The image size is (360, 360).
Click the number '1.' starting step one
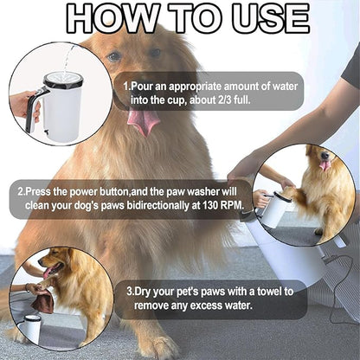(x=127, y=86)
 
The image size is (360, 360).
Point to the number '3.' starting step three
(x=131, y=292)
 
